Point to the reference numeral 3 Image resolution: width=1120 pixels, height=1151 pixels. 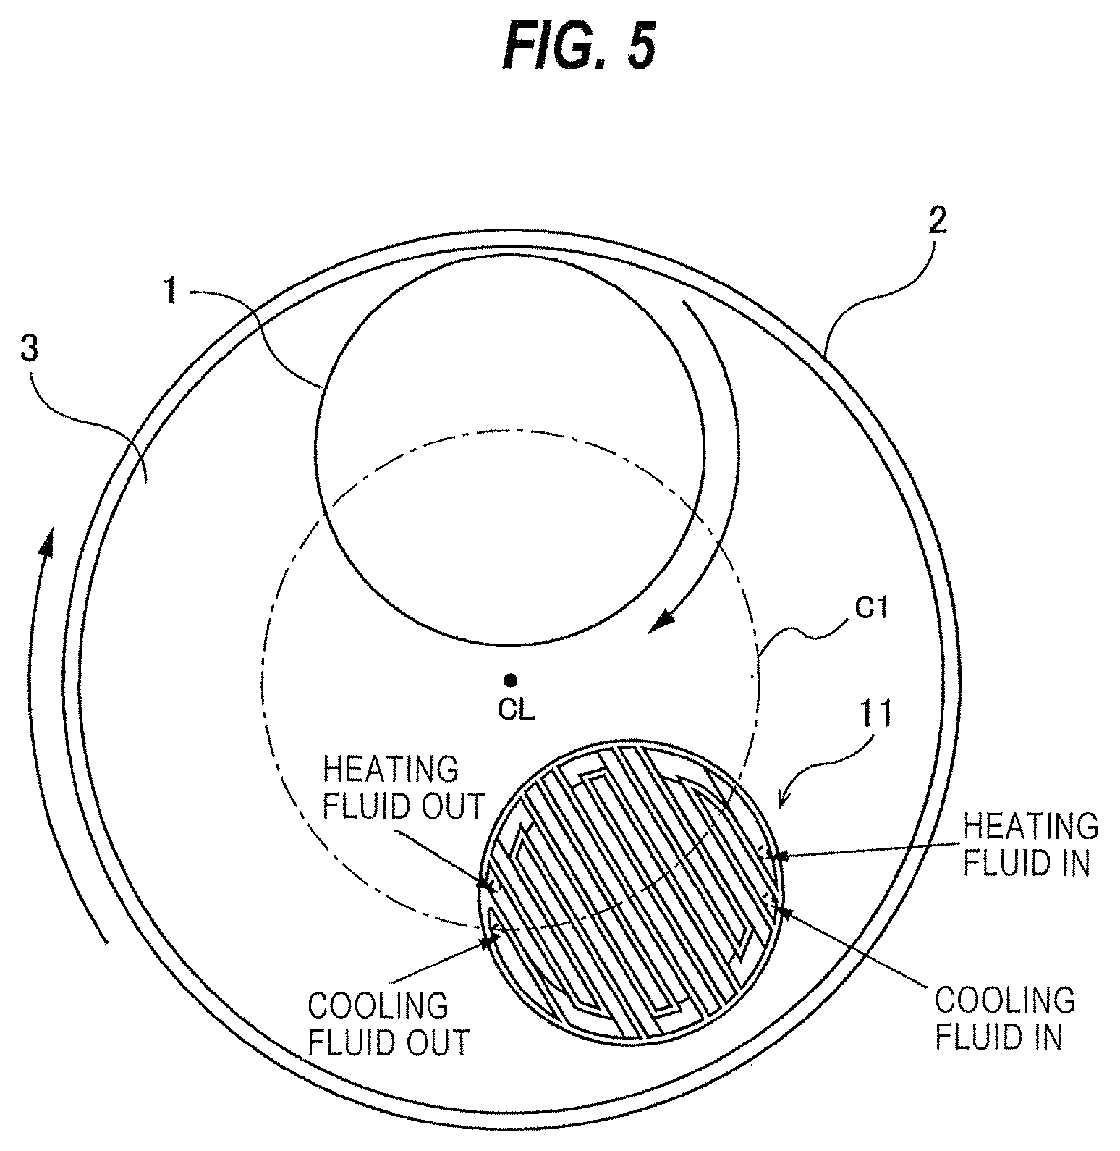coord(28,350)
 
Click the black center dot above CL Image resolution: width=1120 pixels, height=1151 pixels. coord(510,680)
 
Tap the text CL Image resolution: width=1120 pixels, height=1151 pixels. coord(516,710)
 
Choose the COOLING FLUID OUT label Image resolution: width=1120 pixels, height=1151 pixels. coord(388,1024)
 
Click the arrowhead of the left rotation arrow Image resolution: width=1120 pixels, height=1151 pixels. coord(47,539)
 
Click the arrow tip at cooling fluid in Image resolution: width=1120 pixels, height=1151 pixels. coord(777,906)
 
